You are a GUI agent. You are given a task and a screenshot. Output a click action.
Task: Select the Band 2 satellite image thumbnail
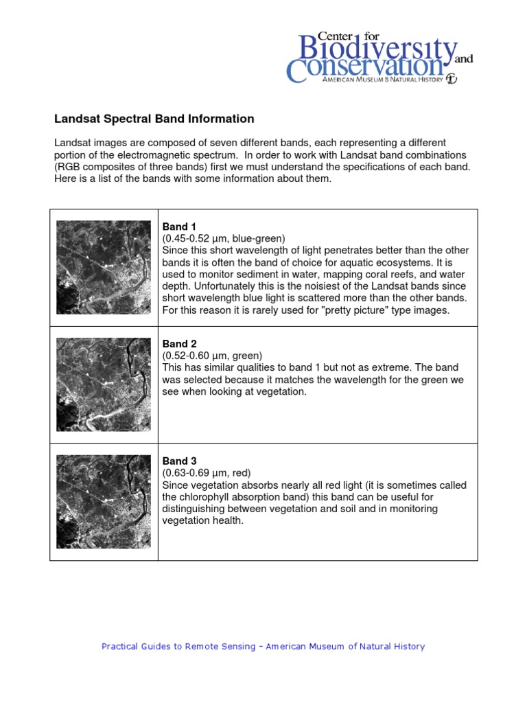coord(104,384)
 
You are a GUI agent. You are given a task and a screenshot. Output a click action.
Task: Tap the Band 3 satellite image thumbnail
coord(104,501)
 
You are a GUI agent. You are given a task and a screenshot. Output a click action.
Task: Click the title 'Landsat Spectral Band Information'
coord(154,119)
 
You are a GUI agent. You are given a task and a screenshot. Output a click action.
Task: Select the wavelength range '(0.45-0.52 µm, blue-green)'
coord(224,238)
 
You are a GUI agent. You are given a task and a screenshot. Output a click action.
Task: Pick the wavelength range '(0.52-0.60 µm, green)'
coord(213,356)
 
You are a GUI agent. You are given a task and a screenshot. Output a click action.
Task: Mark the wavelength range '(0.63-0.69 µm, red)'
coord(207,473)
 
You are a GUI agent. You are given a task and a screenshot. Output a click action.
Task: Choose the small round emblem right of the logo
coord(451,78)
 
